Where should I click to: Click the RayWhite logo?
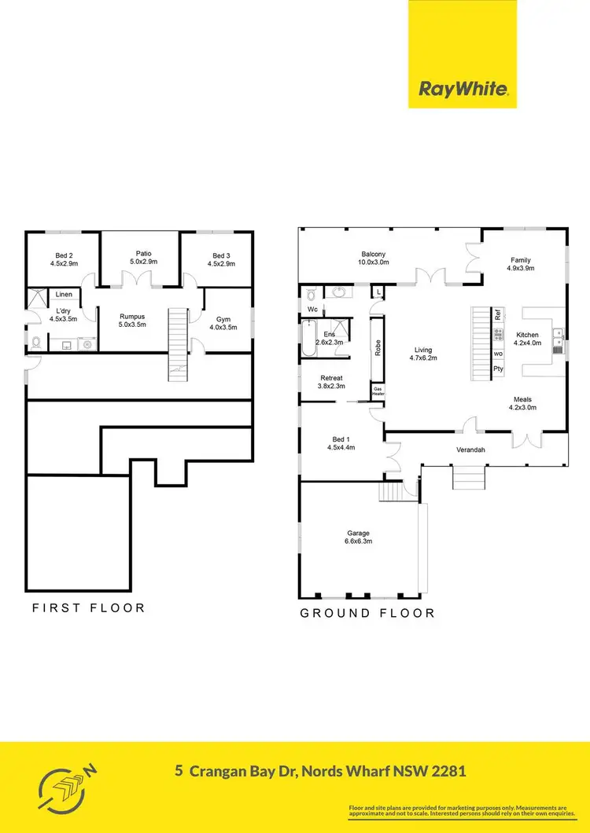tap(462, 89)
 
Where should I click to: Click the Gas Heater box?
tap(378, 391)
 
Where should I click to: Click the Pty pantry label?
tap(497, 368)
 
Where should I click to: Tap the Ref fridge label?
tap(497, 314)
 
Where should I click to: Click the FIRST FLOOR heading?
tap(88, 607)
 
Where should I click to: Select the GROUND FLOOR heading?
tap(367, 613)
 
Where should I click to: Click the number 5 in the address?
tap(181, 771)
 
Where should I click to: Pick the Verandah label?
tap(470, 450)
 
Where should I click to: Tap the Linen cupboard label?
tap(64, 295)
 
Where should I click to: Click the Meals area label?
tap(523, 403)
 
